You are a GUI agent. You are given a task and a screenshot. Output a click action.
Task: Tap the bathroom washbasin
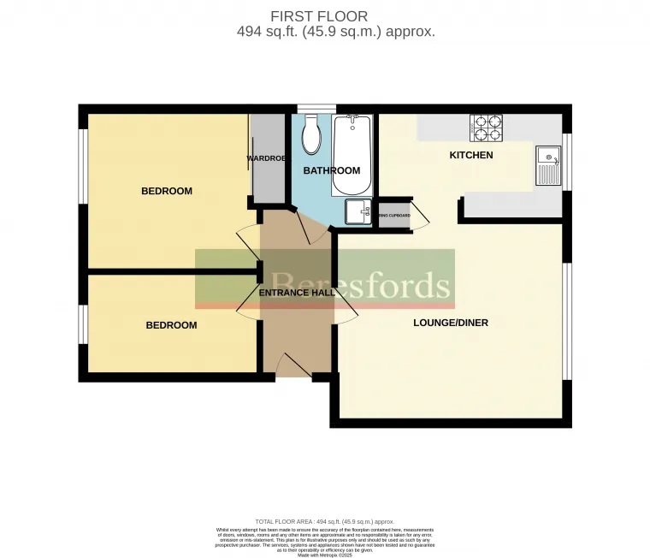point(358,211)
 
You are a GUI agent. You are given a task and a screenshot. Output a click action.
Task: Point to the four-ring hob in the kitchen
point(486,128)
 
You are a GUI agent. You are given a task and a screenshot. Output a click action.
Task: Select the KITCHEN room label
point(471,156)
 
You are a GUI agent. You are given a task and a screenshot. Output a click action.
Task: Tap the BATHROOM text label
point(332,171)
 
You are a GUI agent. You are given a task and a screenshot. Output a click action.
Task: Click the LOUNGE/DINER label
point(451,323)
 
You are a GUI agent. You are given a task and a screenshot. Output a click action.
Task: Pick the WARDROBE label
point(265,159)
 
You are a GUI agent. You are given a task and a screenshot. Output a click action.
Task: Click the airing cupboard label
point(394,216)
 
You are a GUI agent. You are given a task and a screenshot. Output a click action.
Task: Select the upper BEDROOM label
point(167,191)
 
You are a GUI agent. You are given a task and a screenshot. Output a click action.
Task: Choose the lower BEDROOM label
point(171,325)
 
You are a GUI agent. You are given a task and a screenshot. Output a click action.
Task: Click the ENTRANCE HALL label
point(296,293)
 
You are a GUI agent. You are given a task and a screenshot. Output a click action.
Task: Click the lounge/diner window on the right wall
point(567,321)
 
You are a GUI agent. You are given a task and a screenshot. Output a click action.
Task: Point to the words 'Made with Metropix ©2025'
point(326,555)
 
